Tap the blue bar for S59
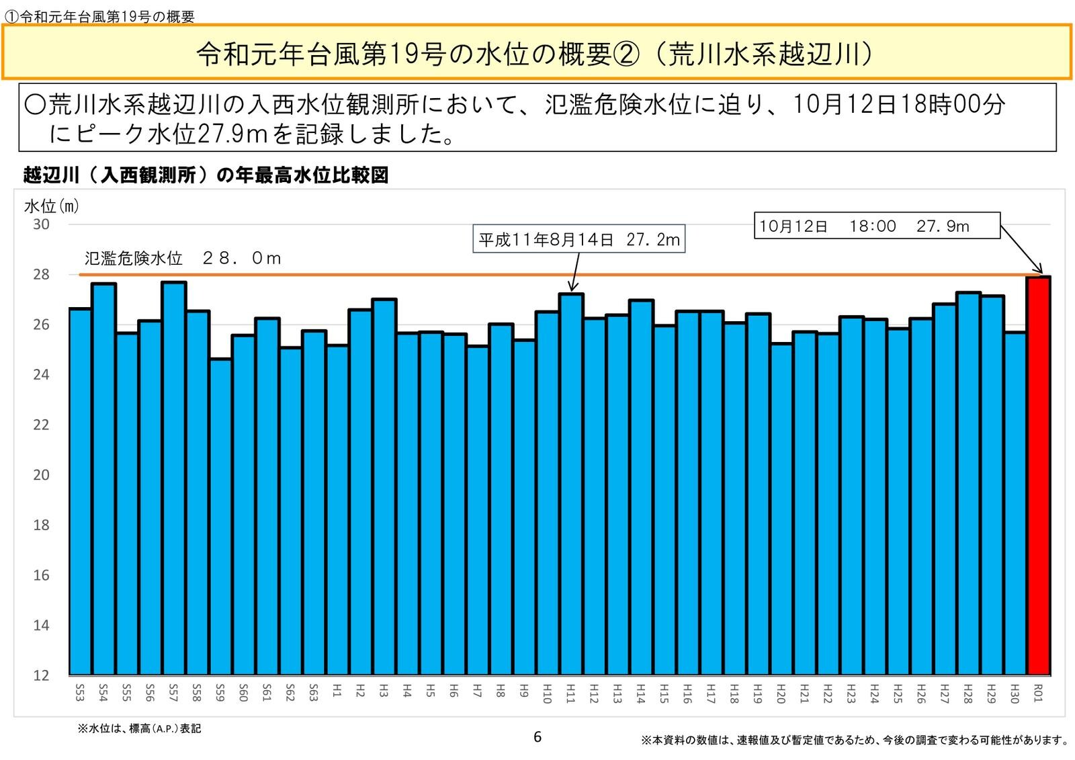click(x=220, y=517)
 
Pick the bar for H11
click(x=571, y=484)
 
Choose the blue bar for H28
click(x=968, y=483)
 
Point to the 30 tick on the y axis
click(x=41, y=224)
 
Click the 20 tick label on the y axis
click(x=41, y=475)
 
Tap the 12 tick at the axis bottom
click(x=41, y=675)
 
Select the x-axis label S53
click(x=80, y=693)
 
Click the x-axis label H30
click(x=1015, y=693)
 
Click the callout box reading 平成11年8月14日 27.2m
click(x=579, y=239)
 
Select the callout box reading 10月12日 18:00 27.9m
click(x=877, y=226)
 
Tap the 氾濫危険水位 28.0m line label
click(x=183, y=259)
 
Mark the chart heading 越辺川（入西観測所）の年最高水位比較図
click(x=206, y=175)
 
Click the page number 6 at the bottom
click(x=537, y=737)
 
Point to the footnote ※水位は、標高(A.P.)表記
click(x=139, y=728)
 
